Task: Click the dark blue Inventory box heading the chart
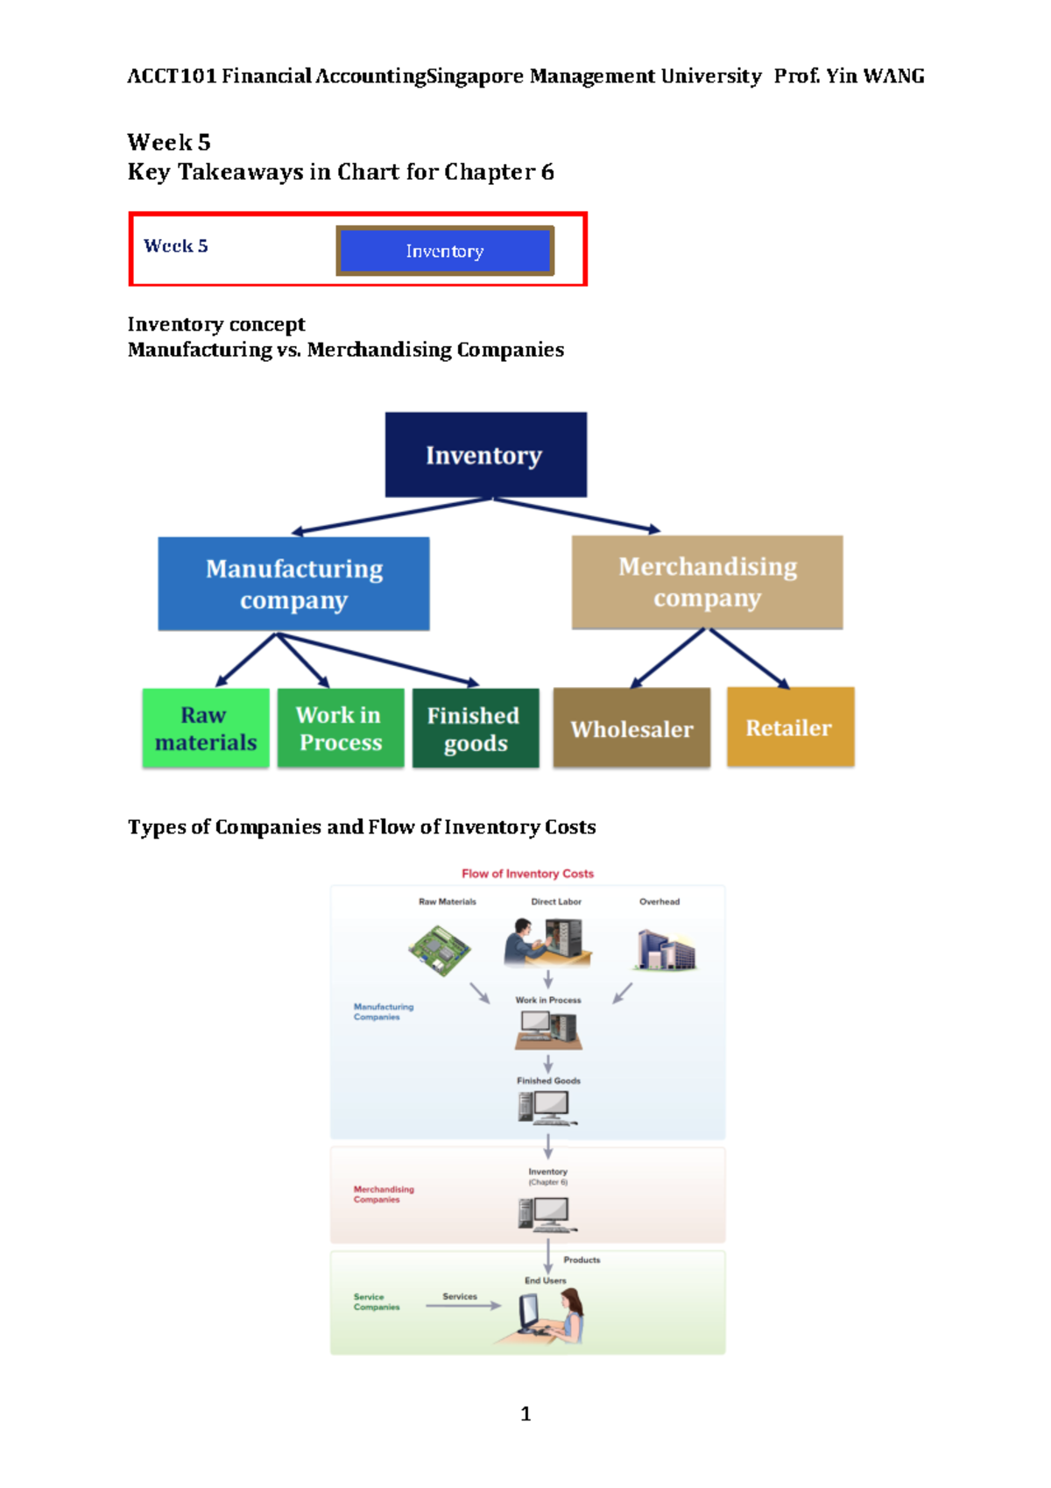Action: tap(485, 455)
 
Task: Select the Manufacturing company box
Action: tap(293, 584)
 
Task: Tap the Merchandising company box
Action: tap(707, 582)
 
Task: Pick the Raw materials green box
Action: tap(206, 728)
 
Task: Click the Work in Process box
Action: tap(341, 728)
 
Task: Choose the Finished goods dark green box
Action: tap(476, 728)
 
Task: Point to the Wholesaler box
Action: tap(631, 728)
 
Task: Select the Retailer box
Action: tap(790, 727)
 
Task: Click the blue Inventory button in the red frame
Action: tap(445, 251)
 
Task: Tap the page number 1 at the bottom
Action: tap(525, 1414)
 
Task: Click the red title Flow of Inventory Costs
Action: tap(527, 874)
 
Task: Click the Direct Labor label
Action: tap(555, 902)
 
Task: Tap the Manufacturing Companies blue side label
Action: tap(383, 1012)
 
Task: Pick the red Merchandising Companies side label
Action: tap(383, 1194)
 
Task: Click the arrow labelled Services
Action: tap(463, 1306)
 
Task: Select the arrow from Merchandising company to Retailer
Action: tap(749, 658)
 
